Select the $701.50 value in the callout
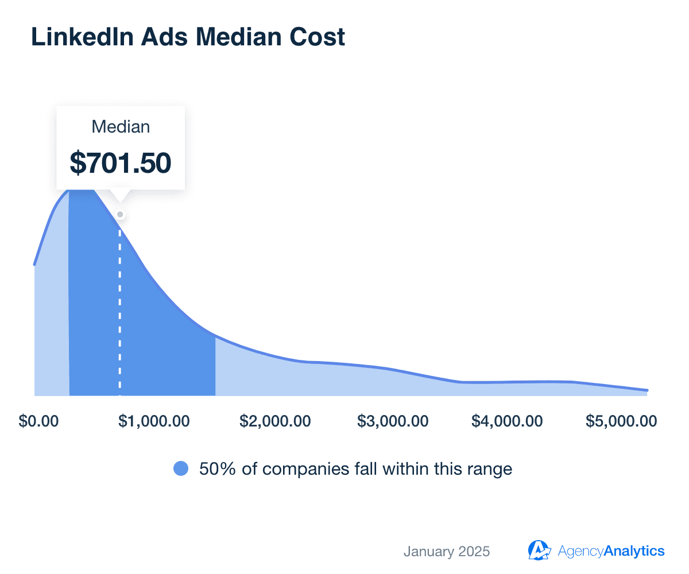(x=121, y=162)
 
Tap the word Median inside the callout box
(x=121, y=127)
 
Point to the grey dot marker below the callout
(x=120, y=215)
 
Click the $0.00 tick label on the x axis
(x=39, y=421)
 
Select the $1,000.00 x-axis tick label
(x=154, y=421)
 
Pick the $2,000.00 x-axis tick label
(x=275, y=421)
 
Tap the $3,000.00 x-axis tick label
(x=393, y=421)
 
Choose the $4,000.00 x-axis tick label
(x=507, y=421)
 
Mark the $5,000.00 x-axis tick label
(x=621, y=421)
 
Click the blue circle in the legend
(x=181, y=469)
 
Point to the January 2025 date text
(x=447, y=552)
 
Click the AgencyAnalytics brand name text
(x=611, y=552)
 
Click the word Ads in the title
(x=154, y=37)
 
